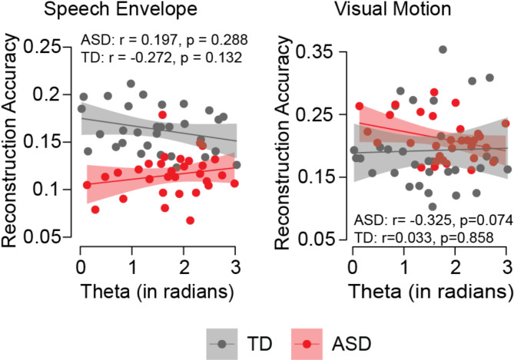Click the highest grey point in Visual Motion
(443, 50)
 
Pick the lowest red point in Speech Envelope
(190, 220)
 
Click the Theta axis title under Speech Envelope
(157, 292)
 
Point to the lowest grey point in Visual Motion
(433, 206)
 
